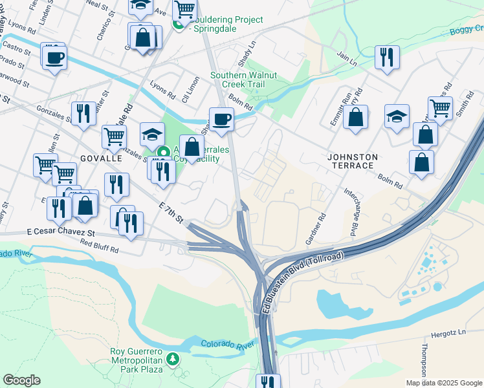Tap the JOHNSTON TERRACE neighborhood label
pos(351,161)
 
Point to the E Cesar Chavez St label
pos(61,232)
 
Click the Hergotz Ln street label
pos(448,336)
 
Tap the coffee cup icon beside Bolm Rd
pos(221,119)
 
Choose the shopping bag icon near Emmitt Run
pos(355,117)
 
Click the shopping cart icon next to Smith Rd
pos(440,108)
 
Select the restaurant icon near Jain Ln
pos(387,57)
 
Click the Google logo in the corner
pos(21,380)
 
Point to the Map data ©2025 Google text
pos(443,383)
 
